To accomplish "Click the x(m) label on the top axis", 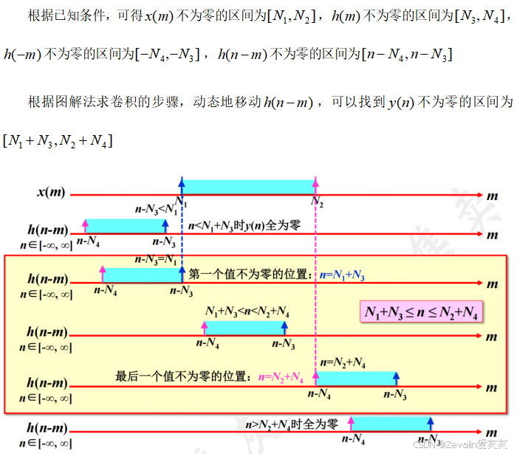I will (x=51, y=193).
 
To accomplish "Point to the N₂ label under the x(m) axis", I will (x=317, y=202).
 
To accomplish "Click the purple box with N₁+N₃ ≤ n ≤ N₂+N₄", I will (x=422, y=312).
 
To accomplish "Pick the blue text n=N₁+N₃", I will (x=342, y=275).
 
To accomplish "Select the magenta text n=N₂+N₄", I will (x=281, y=376).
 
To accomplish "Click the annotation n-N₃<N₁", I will (x=157, y=210).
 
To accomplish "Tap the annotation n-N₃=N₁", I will (x=157, y=259).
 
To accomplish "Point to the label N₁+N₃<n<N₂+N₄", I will (x=247, y=312).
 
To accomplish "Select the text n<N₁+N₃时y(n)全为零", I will (x=244, y=227).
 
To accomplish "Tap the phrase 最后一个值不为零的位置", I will (x=185, y=376).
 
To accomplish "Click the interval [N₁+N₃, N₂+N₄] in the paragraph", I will (x=58, y=140).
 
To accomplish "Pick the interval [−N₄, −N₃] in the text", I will (x=168, y=54).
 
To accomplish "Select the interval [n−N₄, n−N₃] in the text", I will (x=407, y=54).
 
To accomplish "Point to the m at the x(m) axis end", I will (x=492, y=193).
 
